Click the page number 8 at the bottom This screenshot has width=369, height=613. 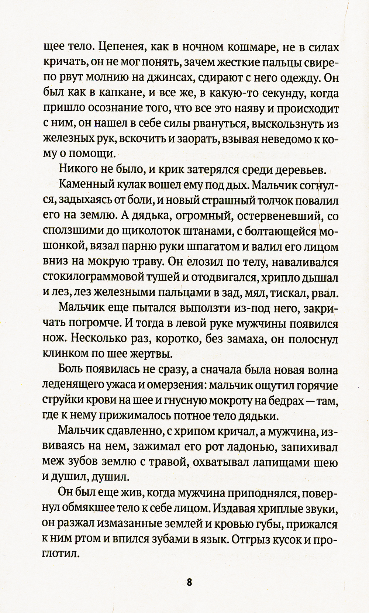(x=189, y=582)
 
